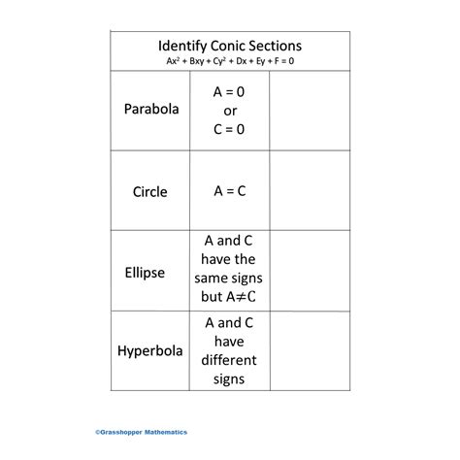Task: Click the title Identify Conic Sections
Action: click(230, 46)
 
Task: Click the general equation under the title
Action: click(230, 60)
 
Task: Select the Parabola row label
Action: click(151, 109)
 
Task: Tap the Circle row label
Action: click(150, 191)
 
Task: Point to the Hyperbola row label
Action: click(151, 349)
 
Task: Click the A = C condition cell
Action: click(230, 191)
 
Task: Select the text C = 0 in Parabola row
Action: click(230, 127)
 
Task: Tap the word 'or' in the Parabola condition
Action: click(230, 109)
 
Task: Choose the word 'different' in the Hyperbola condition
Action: click(230, 360)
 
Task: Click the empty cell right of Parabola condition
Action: click(310, 109)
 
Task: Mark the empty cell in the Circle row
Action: click(310, 191)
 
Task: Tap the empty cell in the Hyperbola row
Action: click(310, 349)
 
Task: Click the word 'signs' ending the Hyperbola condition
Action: click(230, 378)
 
